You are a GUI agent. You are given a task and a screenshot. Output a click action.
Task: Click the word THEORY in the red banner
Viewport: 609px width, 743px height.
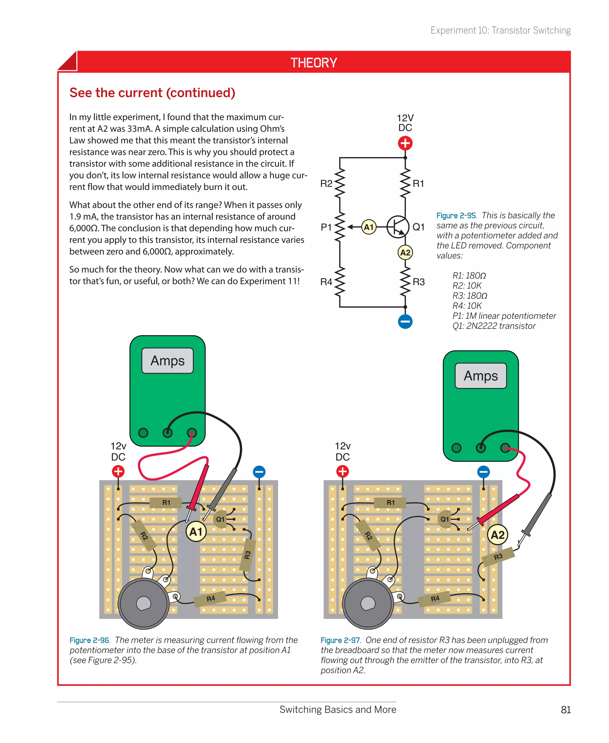314,63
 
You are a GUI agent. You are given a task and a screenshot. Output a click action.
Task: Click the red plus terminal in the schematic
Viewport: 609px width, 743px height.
405,143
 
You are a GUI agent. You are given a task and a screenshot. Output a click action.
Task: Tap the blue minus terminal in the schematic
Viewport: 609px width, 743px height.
405,321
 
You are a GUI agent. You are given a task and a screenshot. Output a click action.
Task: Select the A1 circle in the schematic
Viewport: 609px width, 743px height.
369,227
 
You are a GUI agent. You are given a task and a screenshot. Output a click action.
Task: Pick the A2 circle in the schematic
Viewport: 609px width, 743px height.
405,252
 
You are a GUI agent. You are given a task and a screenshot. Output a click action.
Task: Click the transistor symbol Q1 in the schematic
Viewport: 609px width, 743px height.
398,227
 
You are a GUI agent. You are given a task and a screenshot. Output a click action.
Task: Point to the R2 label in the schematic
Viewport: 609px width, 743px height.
326,184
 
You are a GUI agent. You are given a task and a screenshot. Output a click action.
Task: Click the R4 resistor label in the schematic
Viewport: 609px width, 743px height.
326,282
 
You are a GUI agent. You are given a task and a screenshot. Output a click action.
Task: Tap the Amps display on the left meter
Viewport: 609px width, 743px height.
167,360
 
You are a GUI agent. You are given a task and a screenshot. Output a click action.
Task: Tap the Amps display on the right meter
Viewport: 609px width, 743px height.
481,376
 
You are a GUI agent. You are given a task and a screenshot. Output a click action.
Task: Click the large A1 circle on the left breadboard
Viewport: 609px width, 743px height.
196,532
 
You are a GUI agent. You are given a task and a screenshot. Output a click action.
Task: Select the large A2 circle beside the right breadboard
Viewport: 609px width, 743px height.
497,535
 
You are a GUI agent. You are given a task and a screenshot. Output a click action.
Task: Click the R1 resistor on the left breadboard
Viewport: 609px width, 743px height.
166,503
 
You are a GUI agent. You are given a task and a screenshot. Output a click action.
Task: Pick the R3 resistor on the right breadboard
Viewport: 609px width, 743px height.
498,557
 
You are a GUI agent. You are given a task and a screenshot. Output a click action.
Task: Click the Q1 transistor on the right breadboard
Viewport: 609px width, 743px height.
445,519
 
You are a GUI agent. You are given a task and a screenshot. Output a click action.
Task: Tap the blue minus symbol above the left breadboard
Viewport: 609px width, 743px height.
259,472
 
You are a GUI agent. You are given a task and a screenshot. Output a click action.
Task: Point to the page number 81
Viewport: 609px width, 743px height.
566,710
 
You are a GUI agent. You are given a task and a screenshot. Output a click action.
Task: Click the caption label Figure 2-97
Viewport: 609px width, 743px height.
340,640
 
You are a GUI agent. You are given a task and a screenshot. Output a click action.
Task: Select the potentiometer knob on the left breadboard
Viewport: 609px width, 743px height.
143,604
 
